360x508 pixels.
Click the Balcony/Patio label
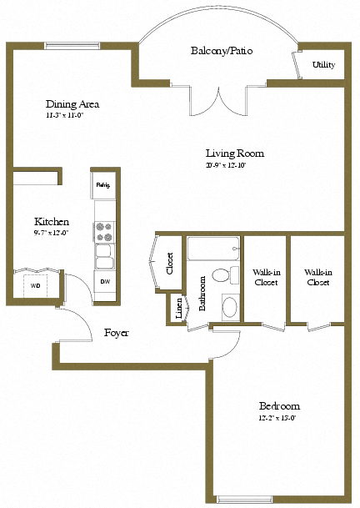[221, 51]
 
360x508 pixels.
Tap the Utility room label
[323, 64]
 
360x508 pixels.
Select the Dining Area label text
[72, 104]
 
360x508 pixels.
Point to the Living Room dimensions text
[235, 165]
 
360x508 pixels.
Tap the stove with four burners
[104, 229]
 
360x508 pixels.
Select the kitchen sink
[104, 255]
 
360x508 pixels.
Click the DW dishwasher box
[105, 282]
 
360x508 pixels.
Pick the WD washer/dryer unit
[35, 285]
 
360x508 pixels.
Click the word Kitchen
[51, 221]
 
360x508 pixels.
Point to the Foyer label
[116, 332]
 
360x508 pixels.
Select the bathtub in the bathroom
[212, 249]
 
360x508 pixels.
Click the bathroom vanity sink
[229, 308]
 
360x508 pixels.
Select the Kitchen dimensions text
[52, 233]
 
